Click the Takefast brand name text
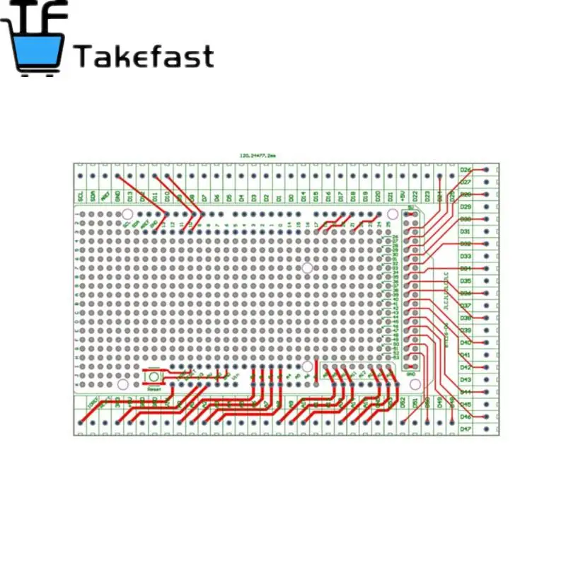coord(144,56)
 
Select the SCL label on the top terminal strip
coord(81,195)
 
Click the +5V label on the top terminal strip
coord(403,195)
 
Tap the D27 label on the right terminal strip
coord(466,182)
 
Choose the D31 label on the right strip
coord(466,231)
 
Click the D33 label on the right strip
coord(466,256)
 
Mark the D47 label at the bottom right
coord(466,429)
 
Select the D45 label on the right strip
coord(466,404)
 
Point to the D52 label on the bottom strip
coord(403,402)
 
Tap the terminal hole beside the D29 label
coord(487,207)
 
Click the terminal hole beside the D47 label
coord(487,429)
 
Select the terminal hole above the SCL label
coord(81,175)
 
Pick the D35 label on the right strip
coord(466,281)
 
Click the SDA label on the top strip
coord(93,195)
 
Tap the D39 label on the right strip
coord(466,330)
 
